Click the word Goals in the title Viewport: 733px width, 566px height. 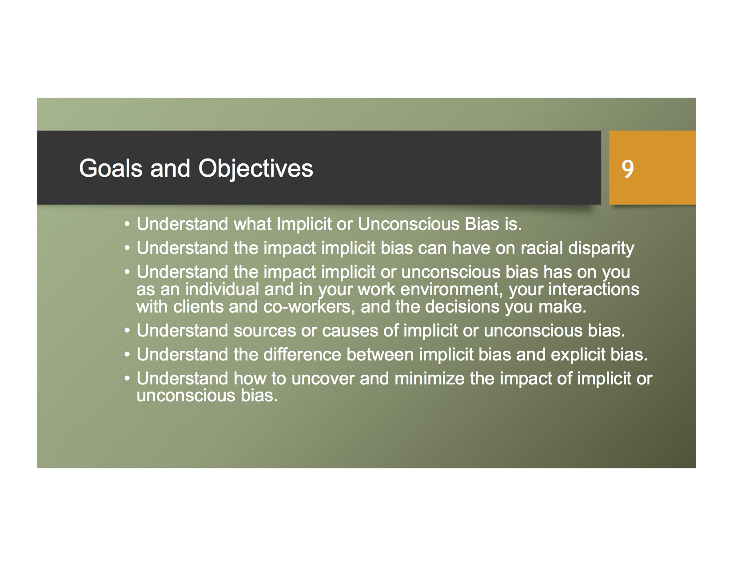pyautogui.click(x=111, y=168)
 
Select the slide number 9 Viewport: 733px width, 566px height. pyautogui.click(x=628, y=169)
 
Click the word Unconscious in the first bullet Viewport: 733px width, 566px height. pyautogui.click(x=409, y=224)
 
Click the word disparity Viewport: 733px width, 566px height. pyautogui.click(x=602, y=249)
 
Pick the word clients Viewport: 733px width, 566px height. pyautogui.click(x=199, y=307)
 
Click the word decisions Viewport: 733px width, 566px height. pyautogui.click(x=462, y=307)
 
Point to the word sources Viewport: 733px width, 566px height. pyautogui.click(x=265, y=331)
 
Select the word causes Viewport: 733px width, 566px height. pyautogui.click(x=350, y=331)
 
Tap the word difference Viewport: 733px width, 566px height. pyautogui.click(x=302, y=355)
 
